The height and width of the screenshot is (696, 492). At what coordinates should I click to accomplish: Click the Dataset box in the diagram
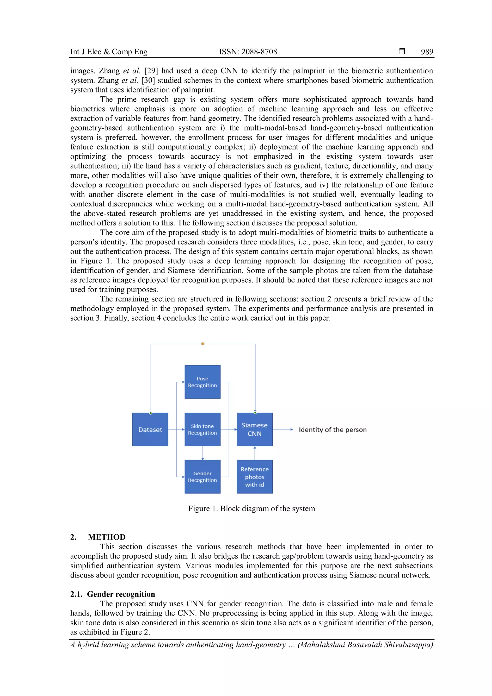[150, 429]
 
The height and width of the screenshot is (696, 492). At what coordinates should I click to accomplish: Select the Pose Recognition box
[202, 382]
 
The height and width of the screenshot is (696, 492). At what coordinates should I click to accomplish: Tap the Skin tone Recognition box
[202, 429]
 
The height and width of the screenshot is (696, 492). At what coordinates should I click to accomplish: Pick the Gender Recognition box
[202, 477]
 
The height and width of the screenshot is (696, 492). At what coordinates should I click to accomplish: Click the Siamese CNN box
[254, 429]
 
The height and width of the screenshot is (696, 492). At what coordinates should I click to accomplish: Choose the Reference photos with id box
[254, 477]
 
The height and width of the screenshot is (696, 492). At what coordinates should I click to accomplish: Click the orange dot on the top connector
[203, 344]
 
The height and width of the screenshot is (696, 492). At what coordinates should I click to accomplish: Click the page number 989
[427, 52]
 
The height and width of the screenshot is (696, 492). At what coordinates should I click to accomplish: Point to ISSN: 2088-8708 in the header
[248, 52]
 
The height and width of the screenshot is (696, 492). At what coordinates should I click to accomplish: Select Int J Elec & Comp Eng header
[109, 52]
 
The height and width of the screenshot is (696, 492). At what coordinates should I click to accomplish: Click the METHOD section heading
[107, 537]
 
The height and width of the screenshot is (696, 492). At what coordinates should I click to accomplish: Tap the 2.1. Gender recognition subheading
[112, 594]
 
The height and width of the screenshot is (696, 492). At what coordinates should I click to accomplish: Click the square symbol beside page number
[402, 51]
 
